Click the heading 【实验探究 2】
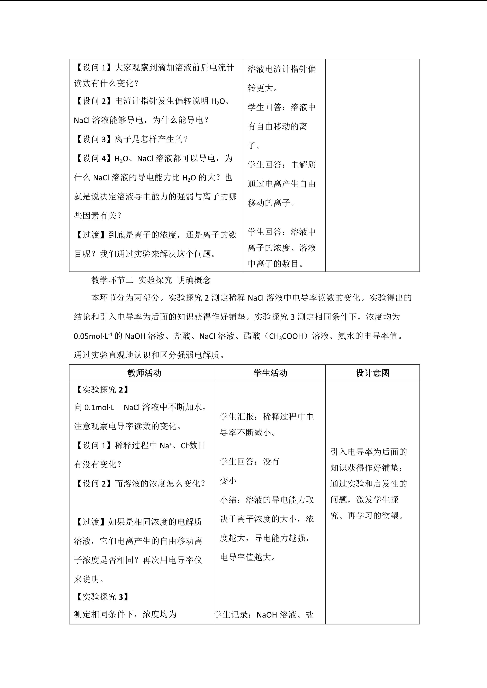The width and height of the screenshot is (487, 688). [102, 389]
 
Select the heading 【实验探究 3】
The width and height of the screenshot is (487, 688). [102, 597]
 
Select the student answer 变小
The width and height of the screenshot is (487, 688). [228, 481]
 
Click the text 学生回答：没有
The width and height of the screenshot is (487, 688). [250, 461]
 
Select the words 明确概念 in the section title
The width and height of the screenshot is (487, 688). [194, 280]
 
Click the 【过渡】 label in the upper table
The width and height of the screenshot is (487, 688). [89, 235]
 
